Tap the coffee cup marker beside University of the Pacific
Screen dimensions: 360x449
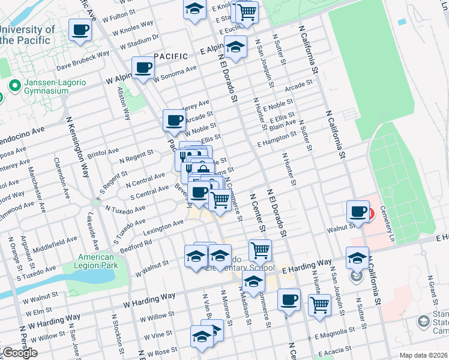coord(80,30)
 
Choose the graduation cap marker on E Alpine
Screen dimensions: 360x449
coord(236,47)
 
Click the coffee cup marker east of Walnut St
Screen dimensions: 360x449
coord(358,212)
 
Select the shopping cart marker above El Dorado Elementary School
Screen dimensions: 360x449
coord(259,250)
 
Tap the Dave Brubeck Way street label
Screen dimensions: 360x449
coord(83,57)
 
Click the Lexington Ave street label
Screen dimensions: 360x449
coord(163,226)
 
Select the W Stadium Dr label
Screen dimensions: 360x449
coord(139,41)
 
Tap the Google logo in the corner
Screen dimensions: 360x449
coord(19,353)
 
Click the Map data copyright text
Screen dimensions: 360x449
coord(423,355)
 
